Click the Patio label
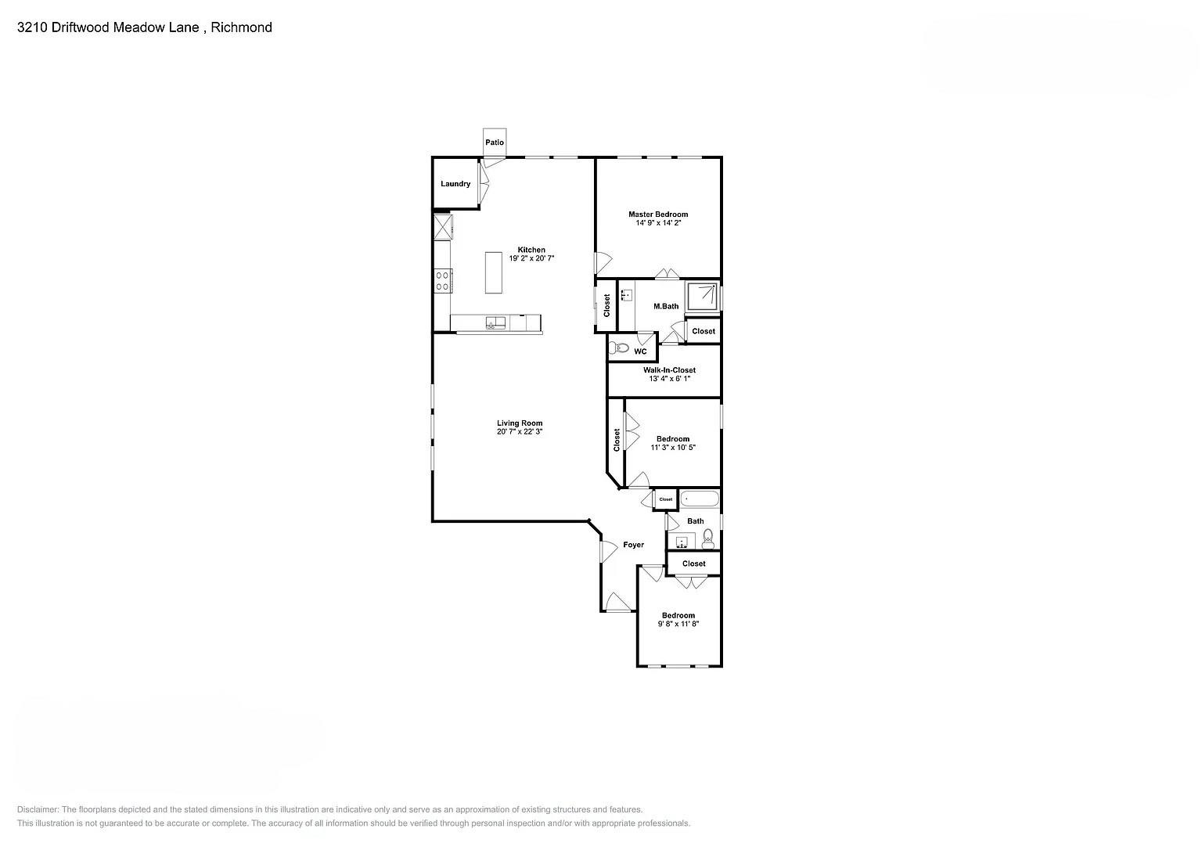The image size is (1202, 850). (x=494, y=142)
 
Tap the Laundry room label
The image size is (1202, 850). (x=455, y=184)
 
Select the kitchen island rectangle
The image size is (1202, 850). (x=493, y=272)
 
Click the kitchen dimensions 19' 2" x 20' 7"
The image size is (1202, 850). (x=531, y=258)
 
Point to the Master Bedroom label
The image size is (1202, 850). (x=658, y=214)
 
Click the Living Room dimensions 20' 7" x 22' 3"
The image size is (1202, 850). (x=519, y=431)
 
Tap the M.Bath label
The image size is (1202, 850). (x=666, y=306)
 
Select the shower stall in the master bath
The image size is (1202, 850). (x=702, y=296)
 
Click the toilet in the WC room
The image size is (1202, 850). (x=621, y=348)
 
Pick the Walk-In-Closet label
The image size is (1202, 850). (x=669, y=370)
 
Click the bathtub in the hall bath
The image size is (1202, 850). (x=699, y=499)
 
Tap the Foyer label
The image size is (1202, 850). (x=633, y=545)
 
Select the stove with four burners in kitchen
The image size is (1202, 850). (x=443, y=280)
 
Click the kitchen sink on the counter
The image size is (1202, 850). (x=495, y=322)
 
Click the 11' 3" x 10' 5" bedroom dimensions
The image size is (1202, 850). (x=672, y=448)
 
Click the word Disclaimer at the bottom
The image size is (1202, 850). (x=37, y=809)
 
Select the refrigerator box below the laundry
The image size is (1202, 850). (x=443, y=227)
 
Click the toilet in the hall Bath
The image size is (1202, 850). (x=708, y=537)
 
